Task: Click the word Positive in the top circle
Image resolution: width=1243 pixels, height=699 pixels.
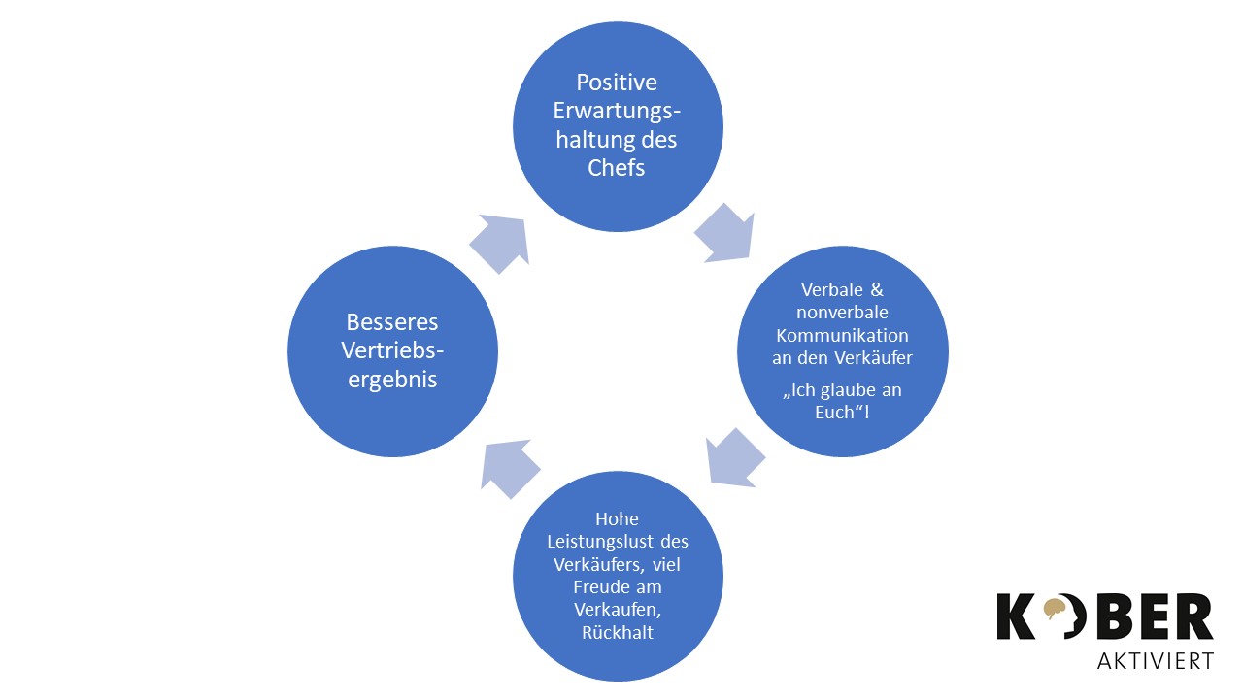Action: (617, 83)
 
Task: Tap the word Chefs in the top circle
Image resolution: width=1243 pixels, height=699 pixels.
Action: (616, 168)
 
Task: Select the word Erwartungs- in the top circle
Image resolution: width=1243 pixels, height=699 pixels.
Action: (617, 112)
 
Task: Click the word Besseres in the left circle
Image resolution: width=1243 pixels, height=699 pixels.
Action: (392, 322)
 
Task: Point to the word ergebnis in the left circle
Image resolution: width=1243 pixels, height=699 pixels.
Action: (392, 380)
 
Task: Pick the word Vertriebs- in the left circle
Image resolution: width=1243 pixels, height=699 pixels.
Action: (392, 350)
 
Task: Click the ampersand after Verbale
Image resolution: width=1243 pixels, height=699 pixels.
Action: (877, 289)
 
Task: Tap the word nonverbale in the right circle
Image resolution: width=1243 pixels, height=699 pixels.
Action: (842, 313)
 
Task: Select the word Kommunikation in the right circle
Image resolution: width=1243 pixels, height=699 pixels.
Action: (842, 335)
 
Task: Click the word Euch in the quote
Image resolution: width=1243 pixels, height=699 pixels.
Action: (836, 413)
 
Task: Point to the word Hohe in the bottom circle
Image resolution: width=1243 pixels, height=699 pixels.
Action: (617, 519)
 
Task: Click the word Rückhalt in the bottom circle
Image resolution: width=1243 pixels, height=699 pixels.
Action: (618, 632)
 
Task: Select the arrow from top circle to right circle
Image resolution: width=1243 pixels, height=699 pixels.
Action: (725, 234)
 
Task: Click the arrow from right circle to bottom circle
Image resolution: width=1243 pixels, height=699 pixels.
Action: (735, 459)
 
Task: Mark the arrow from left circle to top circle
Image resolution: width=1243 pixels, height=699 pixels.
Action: (499, 244)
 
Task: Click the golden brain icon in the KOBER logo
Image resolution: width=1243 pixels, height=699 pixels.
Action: (1055, 608)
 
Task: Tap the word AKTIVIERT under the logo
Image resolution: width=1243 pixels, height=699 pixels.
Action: (1156, 661)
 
